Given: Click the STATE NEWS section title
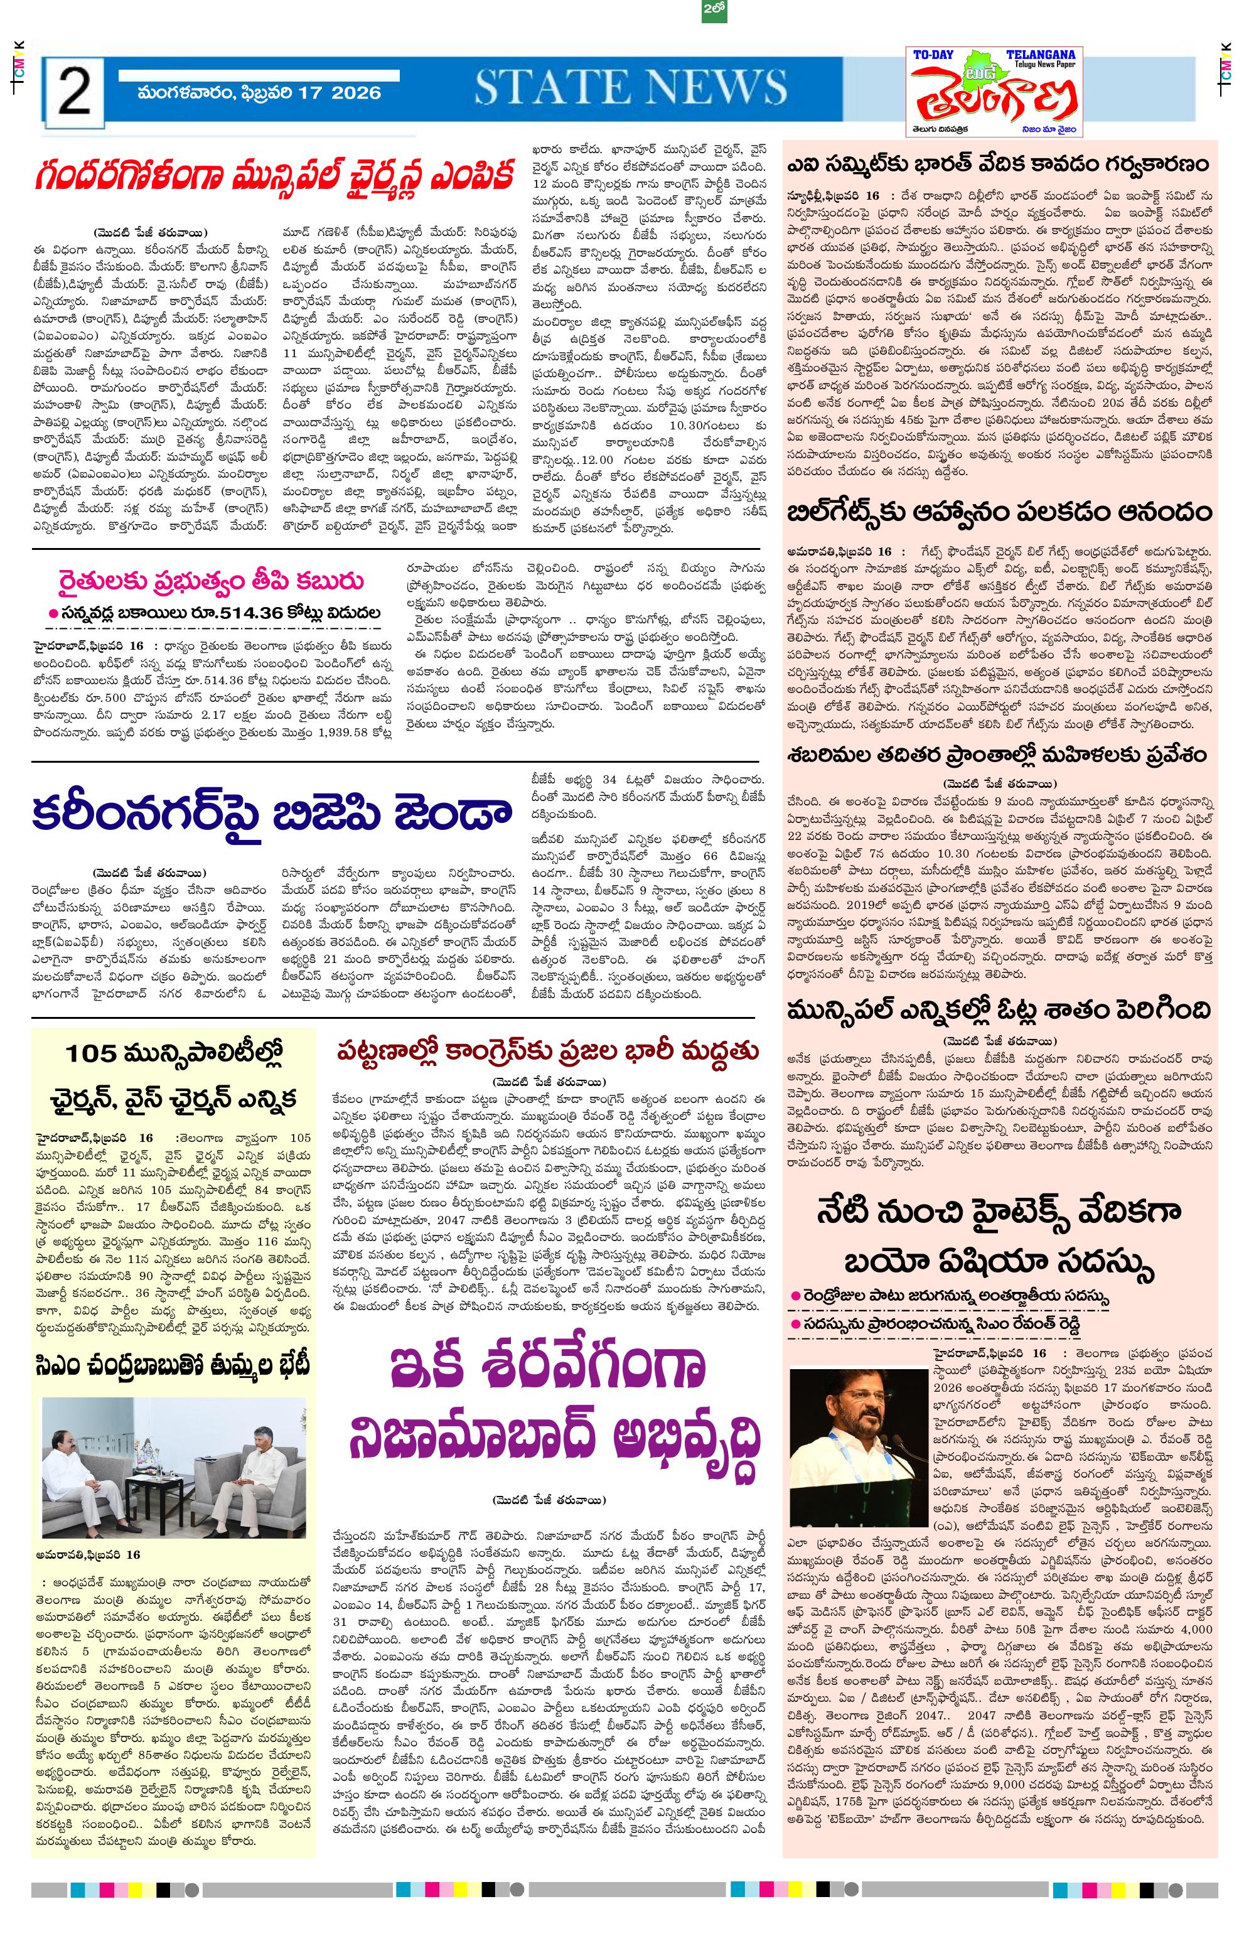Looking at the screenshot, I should pos(630,87).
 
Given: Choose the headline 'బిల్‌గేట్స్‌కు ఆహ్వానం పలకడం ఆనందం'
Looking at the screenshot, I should pos(999,513).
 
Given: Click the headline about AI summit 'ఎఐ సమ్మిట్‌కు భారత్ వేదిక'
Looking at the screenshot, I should pos(999,164).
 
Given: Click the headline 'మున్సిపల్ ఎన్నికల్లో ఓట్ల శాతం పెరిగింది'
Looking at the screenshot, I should pos(999,1010).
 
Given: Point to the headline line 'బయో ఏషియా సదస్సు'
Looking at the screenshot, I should pos(999,1262).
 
